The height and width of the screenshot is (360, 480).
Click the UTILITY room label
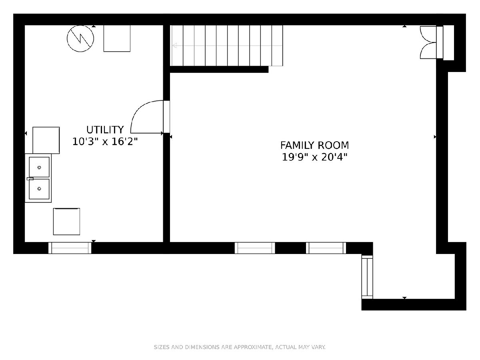(x=105, y=130)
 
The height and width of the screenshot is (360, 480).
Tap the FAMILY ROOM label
(x=314, y=145)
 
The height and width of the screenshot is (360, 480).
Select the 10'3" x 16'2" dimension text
(x=105, y=142)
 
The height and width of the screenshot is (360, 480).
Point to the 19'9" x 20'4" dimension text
(x=314, y=157)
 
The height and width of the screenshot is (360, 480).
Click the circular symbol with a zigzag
(x=80, y=38)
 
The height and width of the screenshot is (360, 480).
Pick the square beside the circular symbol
(x=117, y=38)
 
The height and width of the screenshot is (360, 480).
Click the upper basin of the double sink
(x=39, y=167)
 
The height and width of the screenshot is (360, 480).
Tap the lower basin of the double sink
(x=39, y=189)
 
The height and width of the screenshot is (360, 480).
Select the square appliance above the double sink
(x=46, y=140)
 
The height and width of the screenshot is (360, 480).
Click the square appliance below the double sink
(x=66, y=222)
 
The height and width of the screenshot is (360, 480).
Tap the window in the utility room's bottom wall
(x=70, y=248)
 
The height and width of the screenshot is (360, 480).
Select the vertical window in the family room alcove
(x=367, y=277)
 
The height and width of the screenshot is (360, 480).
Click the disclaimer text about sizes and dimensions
(x=240, y=347)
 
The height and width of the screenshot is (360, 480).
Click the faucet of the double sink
(x=30, y=179)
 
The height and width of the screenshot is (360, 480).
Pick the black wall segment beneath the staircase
(x=219, y=69)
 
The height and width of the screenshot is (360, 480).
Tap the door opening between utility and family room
(x=167, y=116)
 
